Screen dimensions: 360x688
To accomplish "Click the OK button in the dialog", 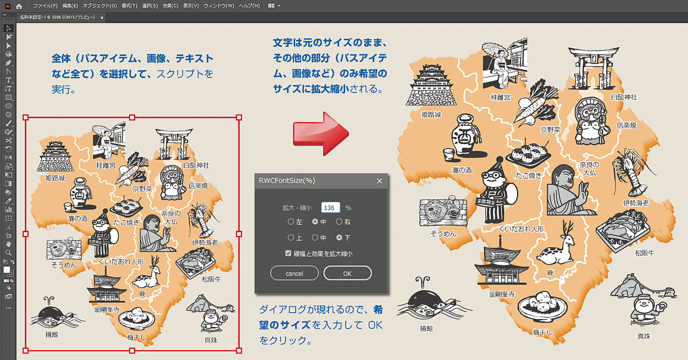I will coord(347,273).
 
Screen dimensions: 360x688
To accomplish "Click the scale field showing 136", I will coord(331,207).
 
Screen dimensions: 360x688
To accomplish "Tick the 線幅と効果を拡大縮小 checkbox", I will coord(289,254).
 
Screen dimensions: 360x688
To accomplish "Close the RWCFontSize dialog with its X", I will coord(379,181).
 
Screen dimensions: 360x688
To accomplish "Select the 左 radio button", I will coord(291,221).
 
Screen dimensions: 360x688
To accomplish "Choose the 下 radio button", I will coord(339,237).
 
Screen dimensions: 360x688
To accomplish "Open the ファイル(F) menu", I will coord(45,6).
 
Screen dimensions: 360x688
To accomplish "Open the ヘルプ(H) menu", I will coord(249,6).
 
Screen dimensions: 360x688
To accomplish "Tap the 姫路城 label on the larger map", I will coord(431,114).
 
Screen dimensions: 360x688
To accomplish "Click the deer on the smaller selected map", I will coord(148,274).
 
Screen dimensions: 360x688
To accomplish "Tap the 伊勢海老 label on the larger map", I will coord(636,203).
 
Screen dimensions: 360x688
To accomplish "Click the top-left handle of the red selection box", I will coord(25,118).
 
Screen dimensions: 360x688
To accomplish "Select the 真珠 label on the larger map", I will coord(643,336).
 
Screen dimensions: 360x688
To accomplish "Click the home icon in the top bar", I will coord(19,6).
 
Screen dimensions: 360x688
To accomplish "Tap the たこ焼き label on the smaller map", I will coord(125,222).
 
